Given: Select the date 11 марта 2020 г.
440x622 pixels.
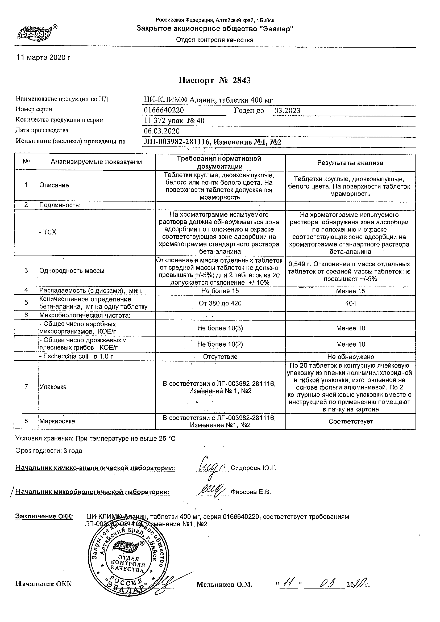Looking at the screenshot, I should coord(44,58).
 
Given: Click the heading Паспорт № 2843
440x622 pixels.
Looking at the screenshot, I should coord(214,81).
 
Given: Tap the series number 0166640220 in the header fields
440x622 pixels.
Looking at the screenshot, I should coord(164,110).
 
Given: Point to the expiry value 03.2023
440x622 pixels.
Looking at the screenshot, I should coord(287,111).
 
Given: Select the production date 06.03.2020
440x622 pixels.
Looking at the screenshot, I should coord(161,131).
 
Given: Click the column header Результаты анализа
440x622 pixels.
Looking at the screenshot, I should coord(350,163).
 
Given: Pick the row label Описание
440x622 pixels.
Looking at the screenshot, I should coord(54,185).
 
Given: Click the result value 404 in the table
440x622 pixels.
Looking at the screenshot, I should coord(351,303).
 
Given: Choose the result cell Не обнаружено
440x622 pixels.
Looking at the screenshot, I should coord(351,357).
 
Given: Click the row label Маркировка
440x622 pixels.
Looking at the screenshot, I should coord(57,421).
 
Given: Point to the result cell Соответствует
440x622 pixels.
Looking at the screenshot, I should coord(351,422).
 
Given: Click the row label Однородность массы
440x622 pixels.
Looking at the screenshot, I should coord(72,271).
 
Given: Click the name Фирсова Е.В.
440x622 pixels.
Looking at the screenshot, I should coord(251,492).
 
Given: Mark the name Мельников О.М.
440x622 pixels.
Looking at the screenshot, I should coord(224,585).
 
